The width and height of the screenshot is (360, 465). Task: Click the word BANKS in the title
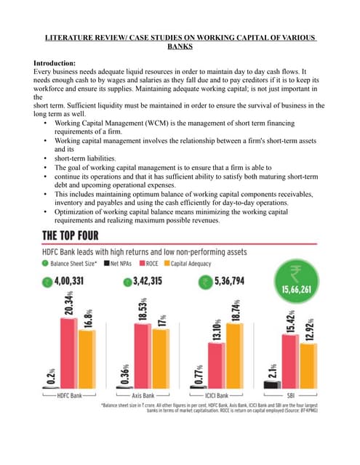click(x=180, y=45)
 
